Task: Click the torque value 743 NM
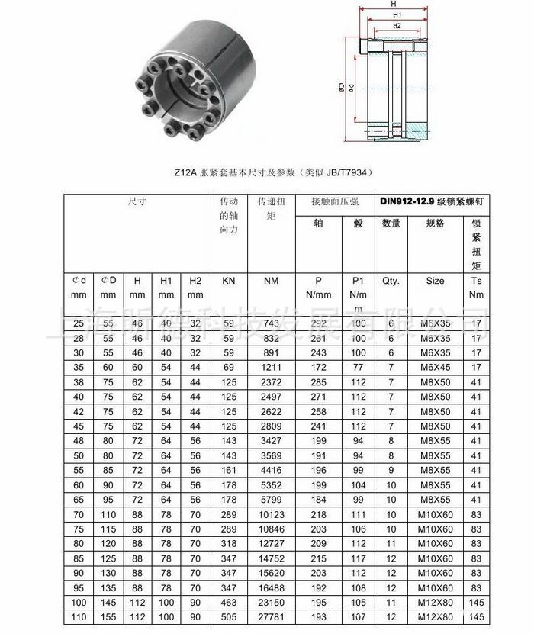click(x=271, y=323)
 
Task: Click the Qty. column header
click(x=391, y=281)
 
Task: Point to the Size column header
click(x=435, y=281)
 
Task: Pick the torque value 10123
click(x=271, y=516)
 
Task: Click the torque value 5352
click(x=271, y=484)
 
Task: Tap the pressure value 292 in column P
click(x=319, y=323)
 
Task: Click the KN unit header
click(x=228, y=281)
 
